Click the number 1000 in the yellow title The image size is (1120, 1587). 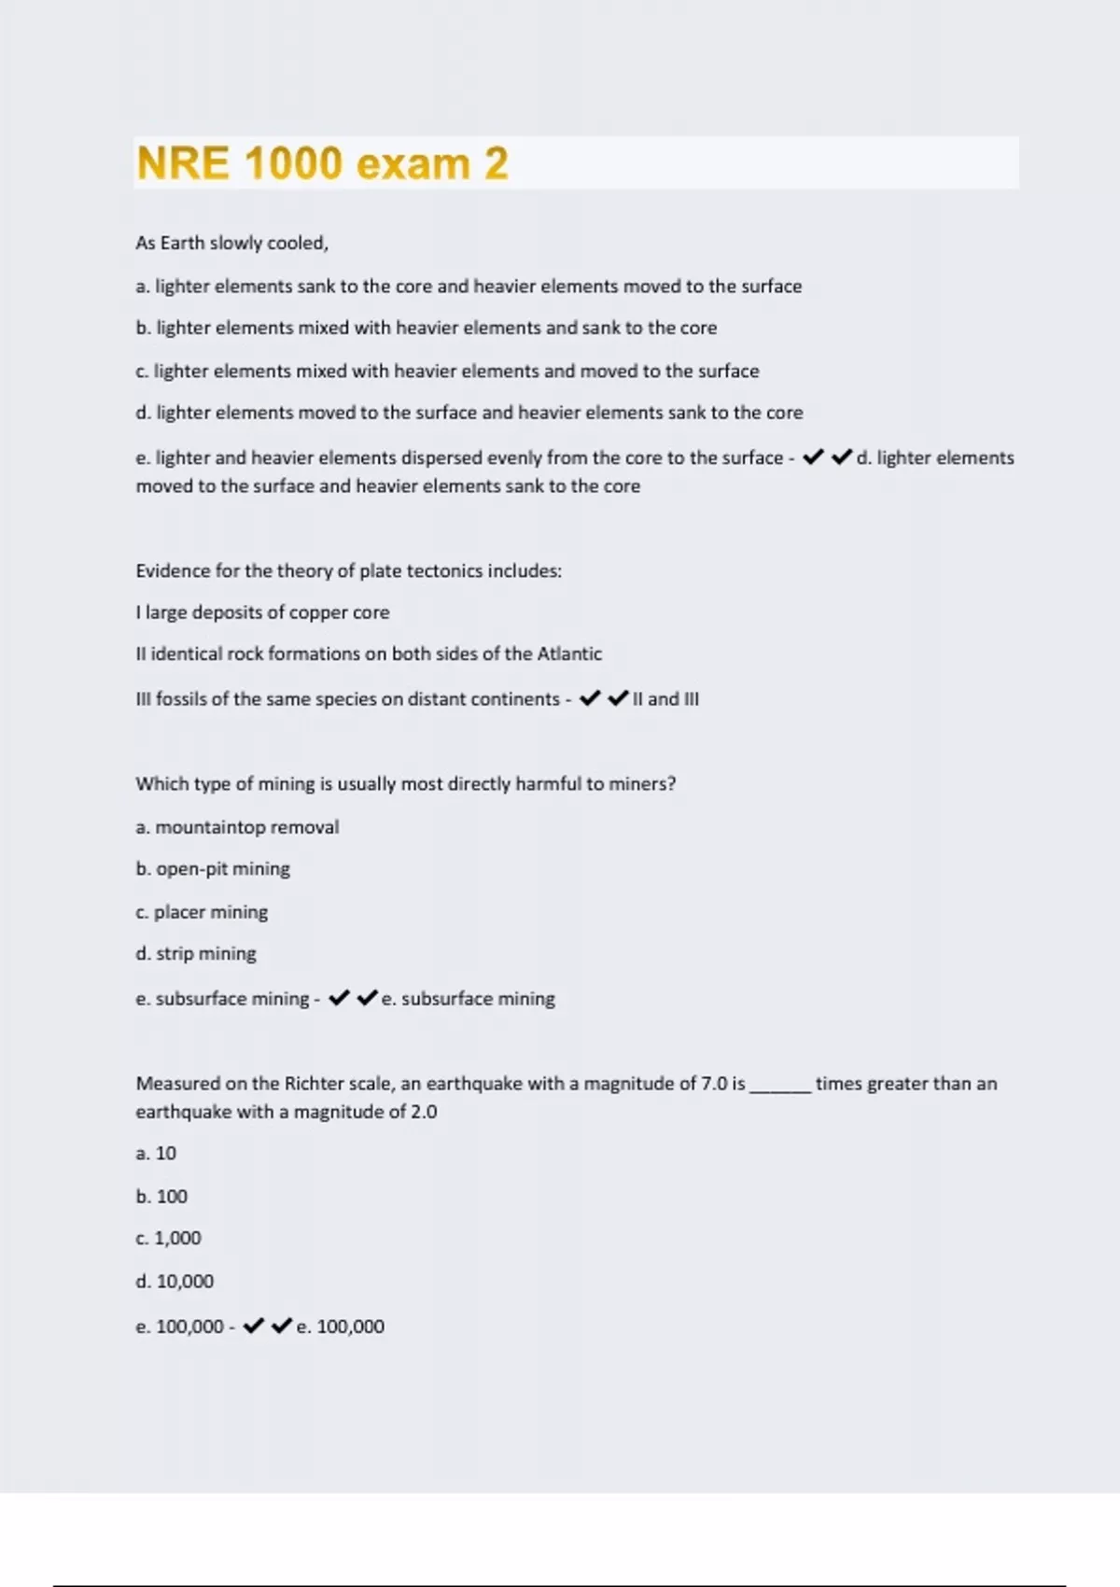(293, 163)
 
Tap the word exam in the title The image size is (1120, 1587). (413, 164)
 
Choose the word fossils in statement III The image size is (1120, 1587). (181, 699)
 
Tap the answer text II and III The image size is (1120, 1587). (665, 699)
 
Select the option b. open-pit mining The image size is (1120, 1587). (213, 869)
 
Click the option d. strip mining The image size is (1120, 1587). (196, 953)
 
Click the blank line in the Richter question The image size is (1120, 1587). (780, 1087)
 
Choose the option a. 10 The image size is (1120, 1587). (156, 1154)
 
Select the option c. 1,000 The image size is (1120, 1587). (168, 1238)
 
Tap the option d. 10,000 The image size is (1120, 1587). (175, 1281)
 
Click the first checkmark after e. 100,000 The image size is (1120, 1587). (253, 1326)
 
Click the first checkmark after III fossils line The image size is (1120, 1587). (590, 698)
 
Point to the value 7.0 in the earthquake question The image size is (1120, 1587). (714, 1084)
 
